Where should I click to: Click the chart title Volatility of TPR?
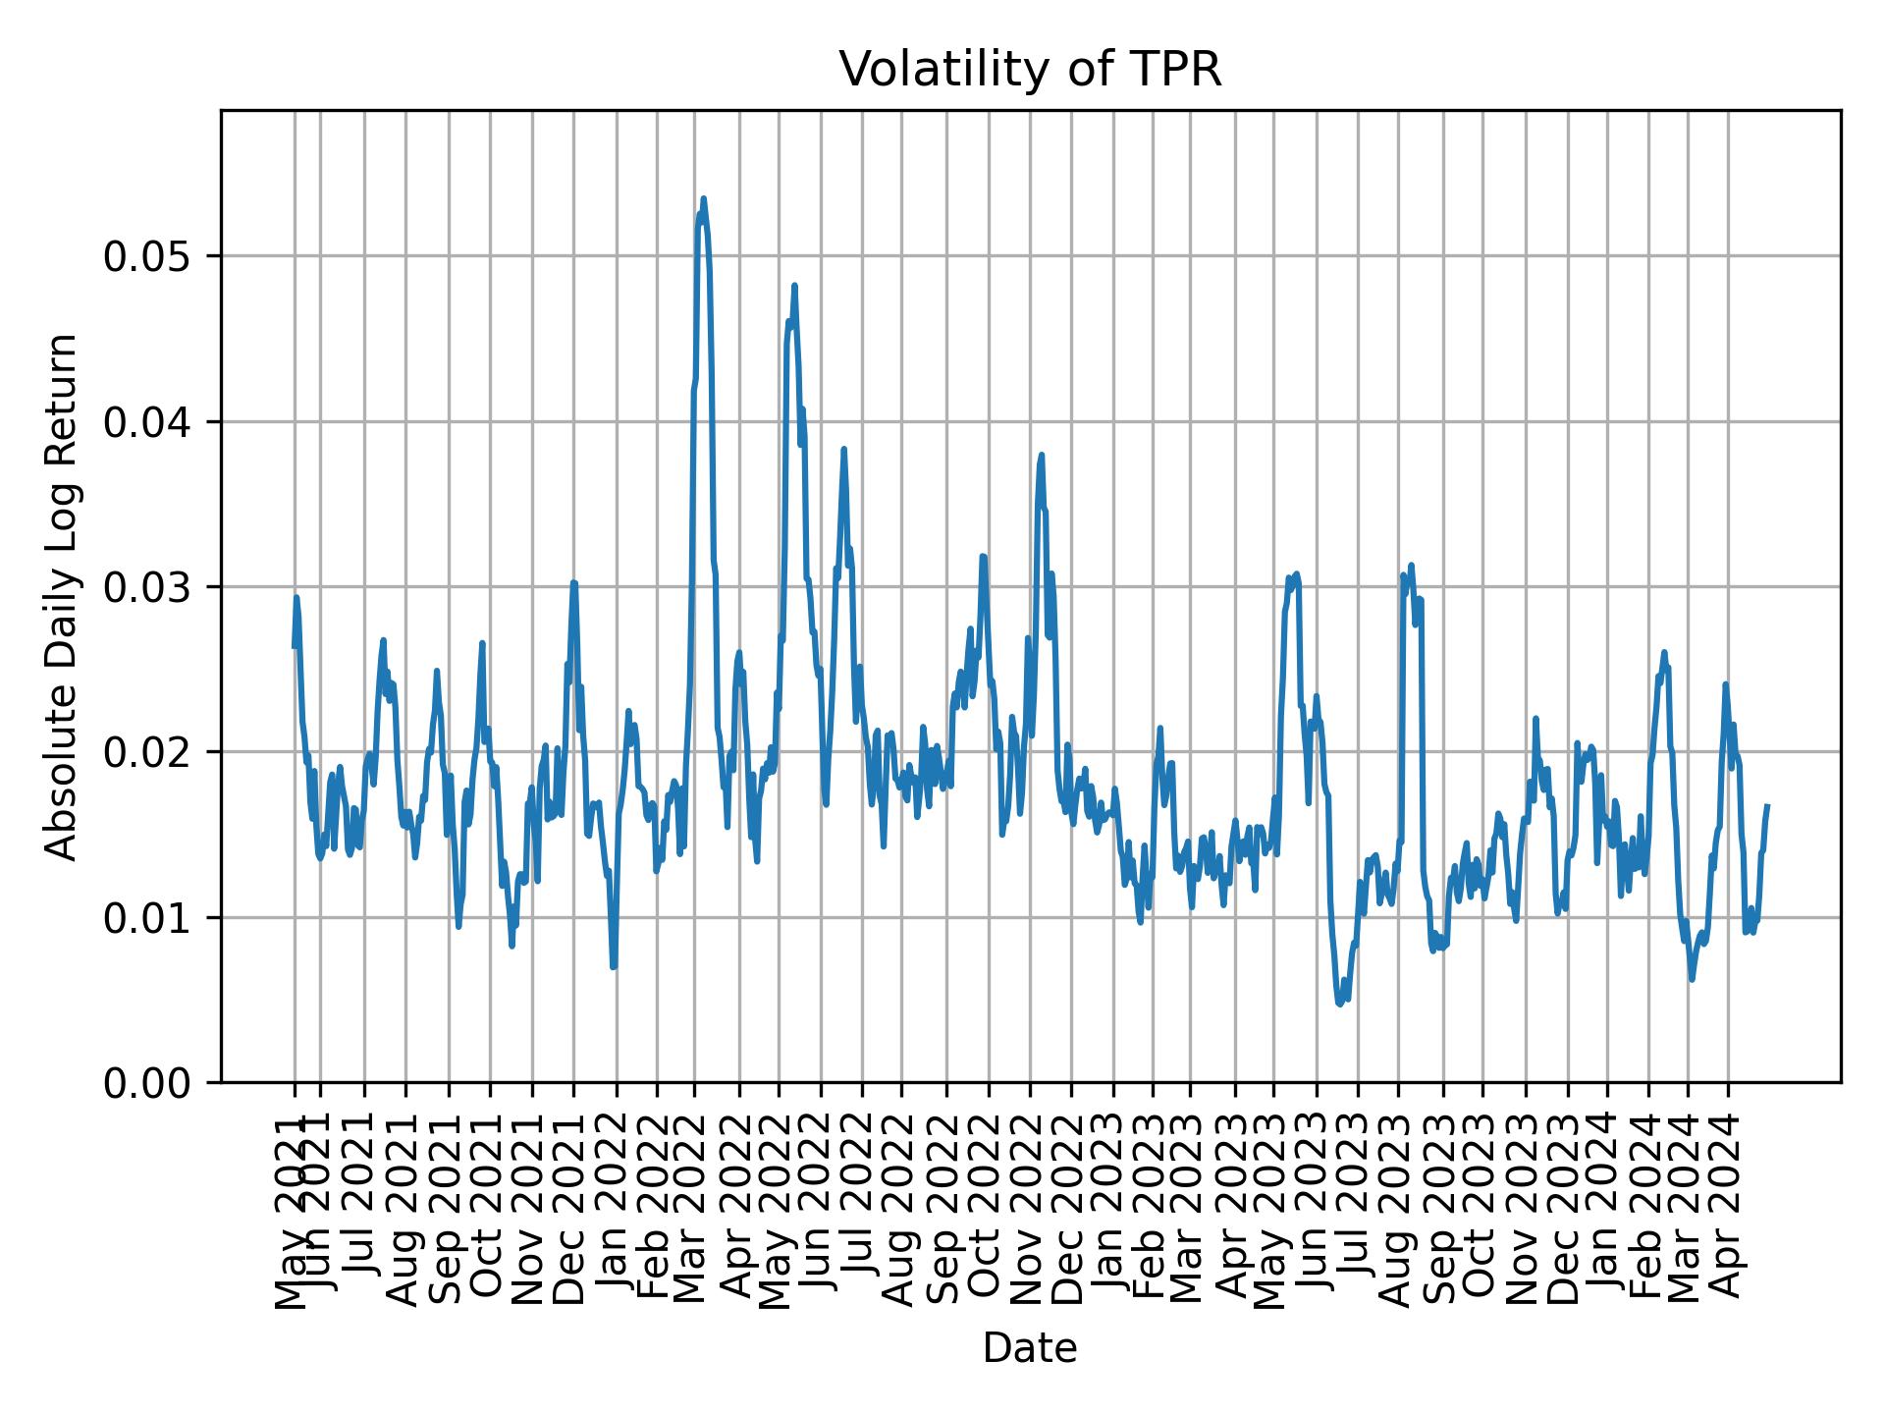[x=1030, y=70]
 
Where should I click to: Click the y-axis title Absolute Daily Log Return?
[x=63, y=597]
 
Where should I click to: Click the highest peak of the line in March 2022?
[x=703, y=199]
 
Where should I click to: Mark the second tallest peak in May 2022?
[x=794, y=286]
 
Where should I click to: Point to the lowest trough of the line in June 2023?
[x=1339, y=1004]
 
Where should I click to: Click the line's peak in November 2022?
[x=1042, y=455]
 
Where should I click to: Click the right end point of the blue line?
[x=1767, y=806]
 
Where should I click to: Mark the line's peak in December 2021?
[x=574, y=582]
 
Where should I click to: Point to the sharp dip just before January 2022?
[x=614, y=967]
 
